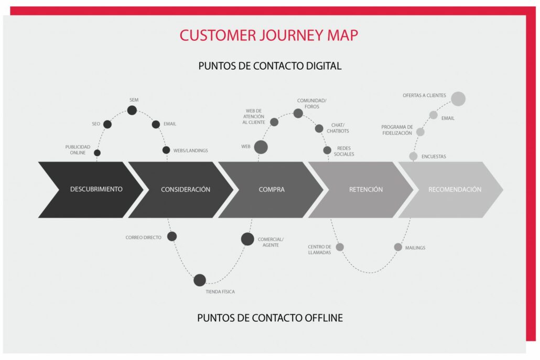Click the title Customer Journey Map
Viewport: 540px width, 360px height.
pos(269,35)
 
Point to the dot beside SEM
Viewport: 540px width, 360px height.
pos(132,110)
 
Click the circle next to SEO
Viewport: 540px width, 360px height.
pos(107,124)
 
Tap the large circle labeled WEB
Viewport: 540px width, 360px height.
pos(261,147)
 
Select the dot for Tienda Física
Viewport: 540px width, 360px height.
pos(200,280)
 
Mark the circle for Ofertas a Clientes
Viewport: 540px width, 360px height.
pos(458,99)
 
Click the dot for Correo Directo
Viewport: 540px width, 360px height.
pos(172,236)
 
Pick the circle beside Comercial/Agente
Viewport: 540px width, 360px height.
pos(247,239)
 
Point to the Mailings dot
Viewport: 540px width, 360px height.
pos(398,247)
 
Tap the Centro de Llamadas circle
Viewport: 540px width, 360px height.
pos(340,247)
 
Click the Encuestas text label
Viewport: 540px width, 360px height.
pos(434,156)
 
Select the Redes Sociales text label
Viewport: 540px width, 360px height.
pos(344,151)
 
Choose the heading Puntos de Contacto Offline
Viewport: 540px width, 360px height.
pos(270,318)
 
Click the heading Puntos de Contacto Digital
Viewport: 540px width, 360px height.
pos(270,66)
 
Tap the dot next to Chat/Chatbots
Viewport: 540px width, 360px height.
pos(319,128)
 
